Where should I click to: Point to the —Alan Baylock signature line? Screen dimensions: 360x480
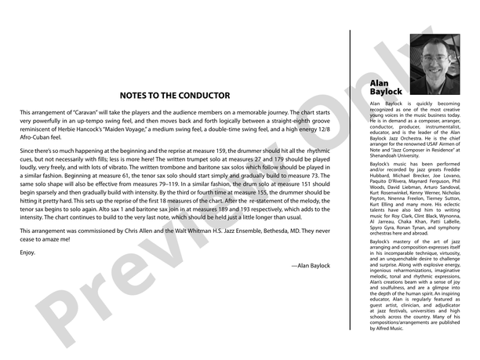coord(310,266)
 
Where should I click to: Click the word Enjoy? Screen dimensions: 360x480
coord(27,253)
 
